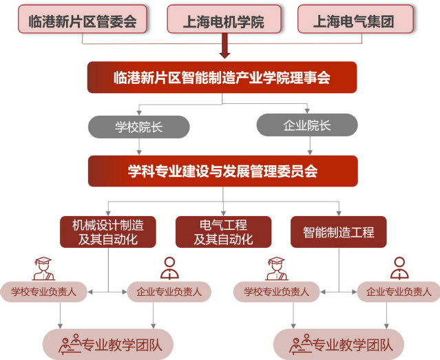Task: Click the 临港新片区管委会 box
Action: pyautogui.click(x=82, y=19)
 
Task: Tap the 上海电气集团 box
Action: pyautogui.click(x=355, y=19)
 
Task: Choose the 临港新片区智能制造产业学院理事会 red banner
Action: pyautogui.click(x=222, y=78)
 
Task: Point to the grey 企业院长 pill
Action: pyautogui.click(x=307, y=125)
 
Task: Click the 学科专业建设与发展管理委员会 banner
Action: pyautogui.click(x=222, y=171)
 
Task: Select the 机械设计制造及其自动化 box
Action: pyautogui.click(x=107, y=232)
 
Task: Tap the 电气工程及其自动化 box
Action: pyautogui.click(x=222, y=232)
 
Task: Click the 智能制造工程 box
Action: pyautogui.click(x=338, y=232)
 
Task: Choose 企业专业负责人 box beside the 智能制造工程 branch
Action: pyautogui.click(x=397, y=292)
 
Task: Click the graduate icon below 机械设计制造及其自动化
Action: pyautogui.click(x=42, y=268)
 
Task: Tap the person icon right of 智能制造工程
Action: pyautogui.click(x=399, y=268)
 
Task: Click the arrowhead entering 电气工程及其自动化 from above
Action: pyautogui.click(x=222, y=211)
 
